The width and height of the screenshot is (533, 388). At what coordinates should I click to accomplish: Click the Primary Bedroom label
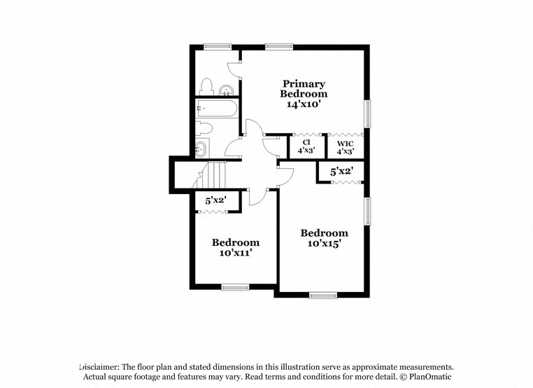pos(304,88)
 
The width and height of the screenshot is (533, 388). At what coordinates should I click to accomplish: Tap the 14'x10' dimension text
pos(304,104)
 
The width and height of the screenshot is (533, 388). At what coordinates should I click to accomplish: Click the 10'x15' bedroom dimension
pos(324,244)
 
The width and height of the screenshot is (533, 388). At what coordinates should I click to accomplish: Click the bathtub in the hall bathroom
pos(217,108)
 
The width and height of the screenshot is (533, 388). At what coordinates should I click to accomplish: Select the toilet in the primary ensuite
pos(206,86)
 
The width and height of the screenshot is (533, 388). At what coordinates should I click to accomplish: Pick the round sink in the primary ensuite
pos(227,89)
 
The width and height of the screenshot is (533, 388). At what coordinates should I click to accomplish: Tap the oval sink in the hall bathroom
pos(201,148)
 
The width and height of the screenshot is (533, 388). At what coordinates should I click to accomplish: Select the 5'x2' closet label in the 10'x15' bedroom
pos(341,170)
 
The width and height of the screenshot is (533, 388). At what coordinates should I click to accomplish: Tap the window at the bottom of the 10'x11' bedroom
pos(235,286)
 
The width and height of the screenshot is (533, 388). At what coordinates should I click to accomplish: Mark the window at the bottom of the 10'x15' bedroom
pos(323,295)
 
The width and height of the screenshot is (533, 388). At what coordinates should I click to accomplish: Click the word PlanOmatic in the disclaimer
pos(434,377)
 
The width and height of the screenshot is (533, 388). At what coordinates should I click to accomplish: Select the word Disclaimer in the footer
pos(99,366)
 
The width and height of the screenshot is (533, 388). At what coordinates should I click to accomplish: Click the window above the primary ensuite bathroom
pos(218,46)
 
